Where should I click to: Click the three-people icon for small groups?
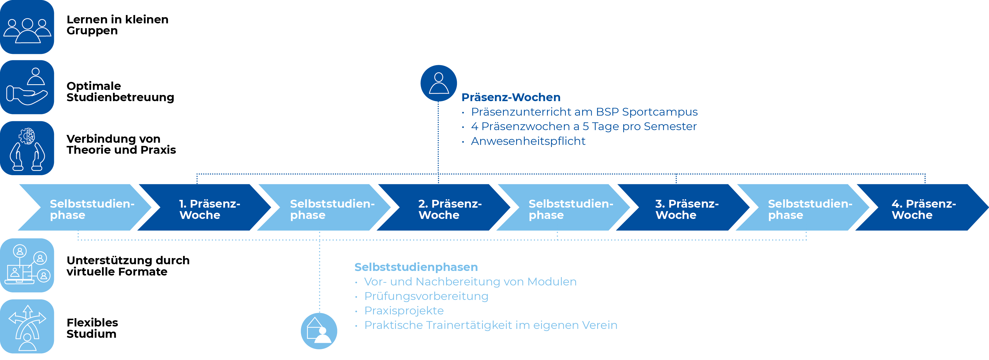[27, 27]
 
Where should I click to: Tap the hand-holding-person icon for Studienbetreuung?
[27, 87]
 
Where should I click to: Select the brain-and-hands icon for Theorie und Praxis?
[27, 148]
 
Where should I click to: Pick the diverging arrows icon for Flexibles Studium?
[27, 326]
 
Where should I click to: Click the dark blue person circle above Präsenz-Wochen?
[439, 83]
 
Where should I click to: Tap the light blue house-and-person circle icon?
[319, 331]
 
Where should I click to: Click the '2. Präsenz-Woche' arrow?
[445, 209]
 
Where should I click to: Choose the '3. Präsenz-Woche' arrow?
[683, 209]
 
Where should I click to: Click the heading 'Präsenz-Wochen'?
[511, 97]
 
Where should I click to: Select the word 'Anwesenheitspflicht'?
[528, 141]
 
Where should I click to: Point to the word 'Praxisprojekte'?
[404, 310]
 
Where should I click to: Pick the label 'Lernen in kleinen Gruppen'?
[117, 25]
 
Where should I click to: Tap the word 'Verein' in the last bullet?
[600, 325]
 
